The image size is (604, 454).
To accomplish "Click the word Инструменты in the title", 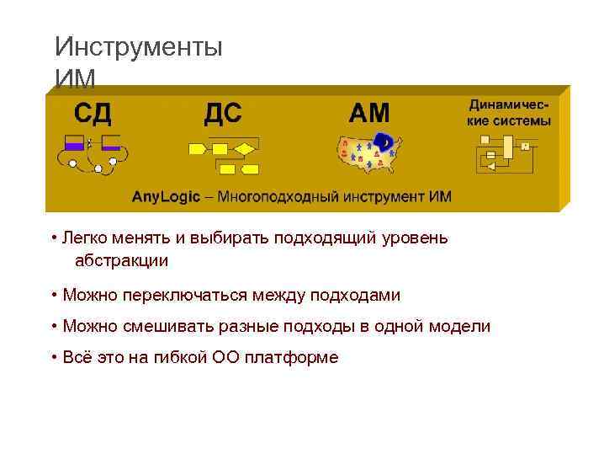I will tap(138, 46).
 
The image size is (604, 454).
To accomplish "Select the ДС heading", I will tap(223, 113).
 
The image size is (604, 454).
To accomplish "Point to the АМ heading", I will tap(369, 113).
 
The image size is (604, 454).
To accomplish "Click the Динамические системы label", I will tap(509, 113).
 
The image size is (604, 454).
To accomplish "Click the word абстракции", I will tap(121, 261).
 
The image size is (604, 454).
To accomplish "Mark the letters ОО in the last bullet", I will tap(225, 358).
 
